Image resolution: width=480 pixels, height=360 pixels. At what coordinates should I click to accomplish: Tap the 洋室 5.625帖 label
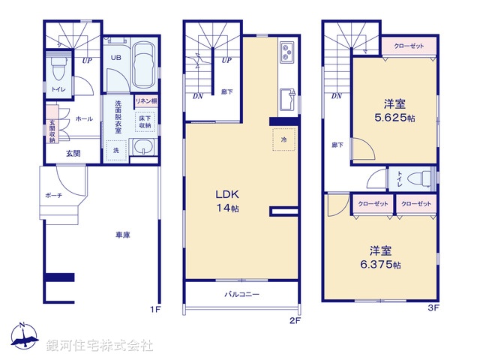(394, 112)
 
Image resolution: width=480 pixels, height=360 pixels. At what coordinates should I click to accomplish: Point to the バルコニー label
(241, 295)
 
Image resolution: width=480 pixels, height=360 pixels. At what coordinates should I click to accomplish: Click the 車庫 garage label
(123, 235)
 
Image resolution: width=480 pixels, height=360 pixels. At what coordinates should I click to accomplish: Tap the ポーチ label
(52, 196)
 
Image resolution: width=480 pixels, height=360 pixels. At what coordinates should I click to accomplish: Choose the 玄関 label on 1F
(73, 154)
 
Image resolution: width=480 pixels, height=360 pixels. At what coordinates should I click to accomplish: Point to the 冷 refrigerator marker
(283, 139)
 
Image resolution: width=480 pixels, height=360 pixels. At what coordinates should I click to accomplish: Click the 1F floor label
(154, 308)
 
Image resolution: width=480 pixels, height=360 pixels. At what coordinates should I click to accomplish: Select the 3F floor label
(433, 308)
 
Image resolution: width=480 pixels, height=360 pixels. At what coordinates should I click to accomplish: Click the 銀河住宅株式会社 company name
(100, 346)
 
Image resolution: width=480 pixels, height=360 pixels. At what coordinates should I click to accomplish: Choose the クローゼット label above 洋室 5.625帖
(409, 46)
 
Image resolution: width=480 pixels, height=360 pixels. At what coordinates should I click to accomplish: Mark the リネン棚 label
(145, 100)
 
